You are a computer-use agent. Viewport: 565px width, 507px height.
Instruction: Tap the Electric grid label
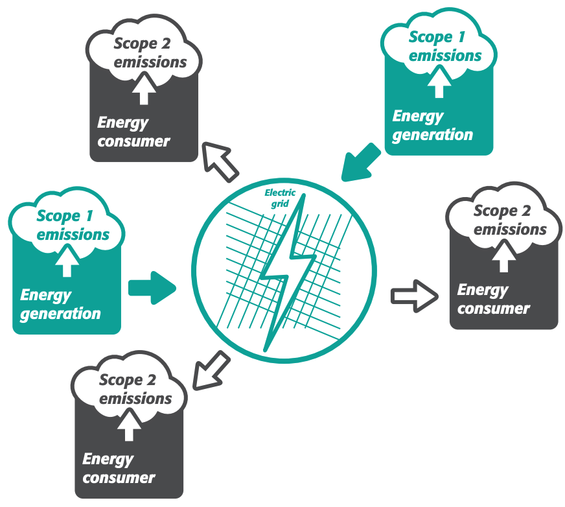tap(280, 197)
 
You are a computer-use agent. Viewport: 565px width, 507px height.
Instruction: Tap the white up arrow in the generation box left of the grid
tap(67, 263)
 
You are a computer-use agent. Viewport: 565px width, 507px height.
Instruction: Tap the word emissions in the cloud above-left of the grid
tap(150, 62)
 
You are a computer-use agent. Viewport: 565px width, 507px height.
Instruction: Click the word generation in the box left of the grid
tap(60, 314)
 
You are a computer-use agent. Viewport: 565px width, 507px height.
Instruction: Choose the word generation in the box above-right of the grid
tap(432, 135)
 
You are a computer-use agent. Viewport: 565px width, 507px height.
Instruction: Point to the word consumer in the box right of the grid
tap(494, 309)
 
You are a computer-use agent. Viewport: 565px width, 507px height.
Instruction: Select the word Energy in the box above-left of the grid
tap(122, 123)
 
